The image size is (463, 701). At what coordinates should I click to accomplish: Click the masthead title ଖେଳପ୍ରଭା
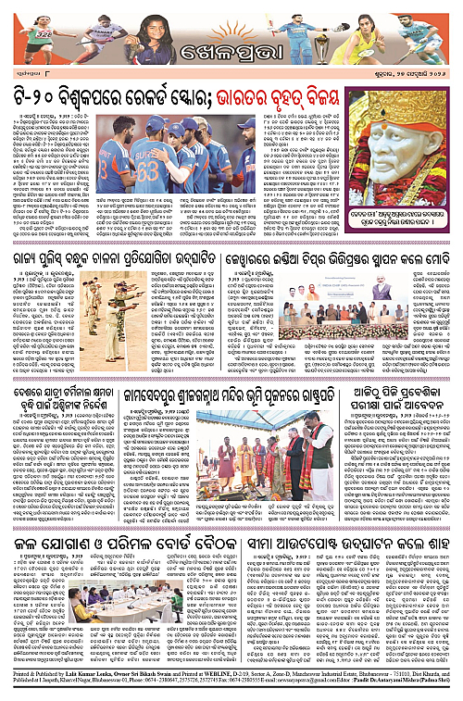coord(231,49)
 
